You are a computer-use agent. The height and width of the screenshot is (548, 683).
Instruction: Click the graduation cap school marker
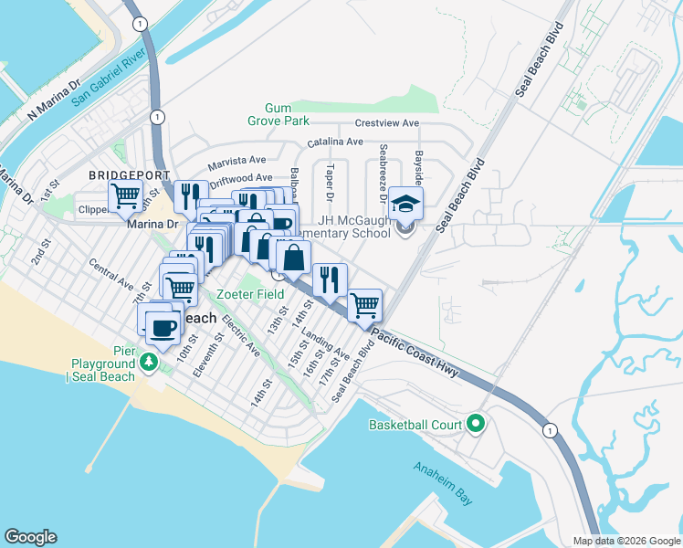point(405,205)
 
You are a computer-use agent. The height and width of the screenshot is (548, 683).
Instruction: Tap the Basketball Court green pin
point(475,424)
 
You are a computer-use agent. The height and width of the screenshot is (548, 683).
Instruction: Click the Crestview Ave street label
point(386,123)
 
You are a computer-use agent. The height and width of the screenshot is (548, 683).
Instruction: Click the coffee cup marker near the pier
point(163,327)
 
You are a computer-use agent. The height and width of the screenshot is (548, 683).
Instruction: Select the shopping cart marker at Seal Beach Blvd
point(364,304)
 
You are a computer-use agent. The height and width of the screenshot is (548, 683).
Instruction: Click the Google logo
point(30,537)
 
